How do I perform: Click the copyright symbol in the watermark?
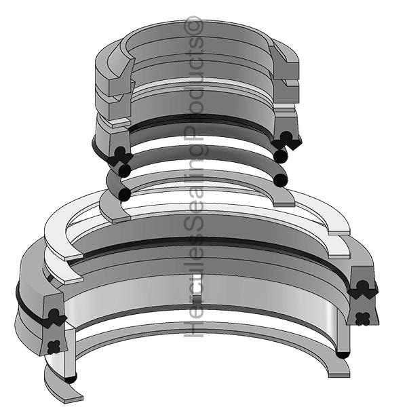coord(193,26)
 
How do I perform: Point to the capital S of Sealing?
coord(193,229)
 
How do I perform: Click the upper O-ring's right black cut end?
coord(281,155)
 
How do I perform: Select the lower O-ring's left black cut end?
coord(124,194)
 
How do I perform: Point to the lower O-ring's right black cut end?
coord(281,180)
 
